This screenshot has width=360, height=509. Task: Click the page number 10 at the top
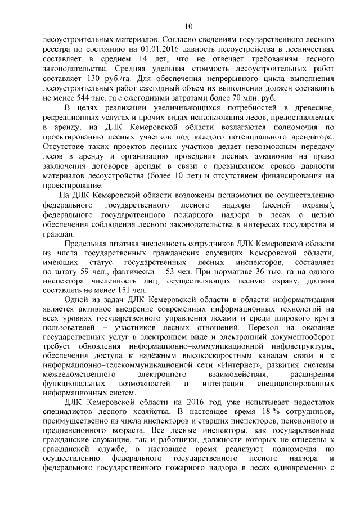click(188, 26)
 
